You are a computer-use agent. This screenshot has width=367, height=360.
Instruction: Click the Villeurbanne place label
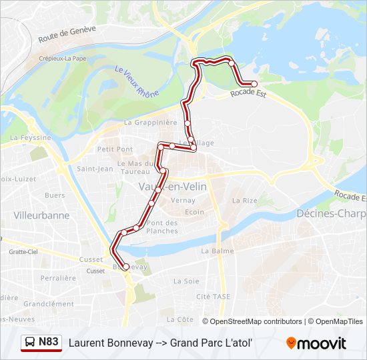[41, 215]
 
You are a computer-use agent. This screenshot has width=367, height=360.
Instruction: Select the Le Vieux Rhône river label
[137, 81]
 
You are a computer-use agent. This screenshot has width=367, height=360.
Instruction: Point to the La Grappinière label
[150, 123]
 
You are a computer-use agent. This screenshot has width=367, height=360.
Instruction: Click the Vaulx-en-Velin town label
[171, 187]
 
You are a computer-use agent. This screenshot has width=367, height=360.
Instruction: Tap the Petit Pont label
[115, 149]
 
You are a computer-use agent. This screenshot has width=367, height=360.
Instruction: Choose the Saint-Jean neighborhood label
[94, 169]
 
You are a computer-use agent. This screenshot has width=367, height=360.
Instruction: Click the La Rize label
[244, 200]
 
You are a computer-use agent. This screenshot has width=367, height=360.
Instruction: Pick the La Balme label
[215, 251]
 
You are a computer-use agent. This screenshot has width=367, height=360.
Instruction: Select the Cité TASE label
[213, 296]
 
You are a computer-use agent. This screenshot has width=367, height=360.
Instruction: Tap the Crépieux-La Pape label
[63, 59]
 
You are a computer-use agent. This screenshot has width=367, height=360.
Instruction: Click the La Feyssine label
[30, 137]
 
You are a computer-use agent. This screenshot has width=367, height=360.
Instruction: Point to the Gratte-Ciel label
[23, 252]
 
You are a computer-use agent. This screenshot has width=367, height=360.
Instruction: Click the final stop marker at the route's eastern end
[254, 84]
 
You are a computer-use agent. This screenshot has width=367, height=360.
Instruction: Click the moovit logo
[316, 343]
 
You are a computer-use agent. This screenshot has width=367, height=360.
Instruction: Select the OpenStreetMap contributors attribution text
[256, 321]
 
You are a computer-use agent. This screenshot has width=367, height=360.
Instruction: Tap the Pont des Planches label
[162, 227]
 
